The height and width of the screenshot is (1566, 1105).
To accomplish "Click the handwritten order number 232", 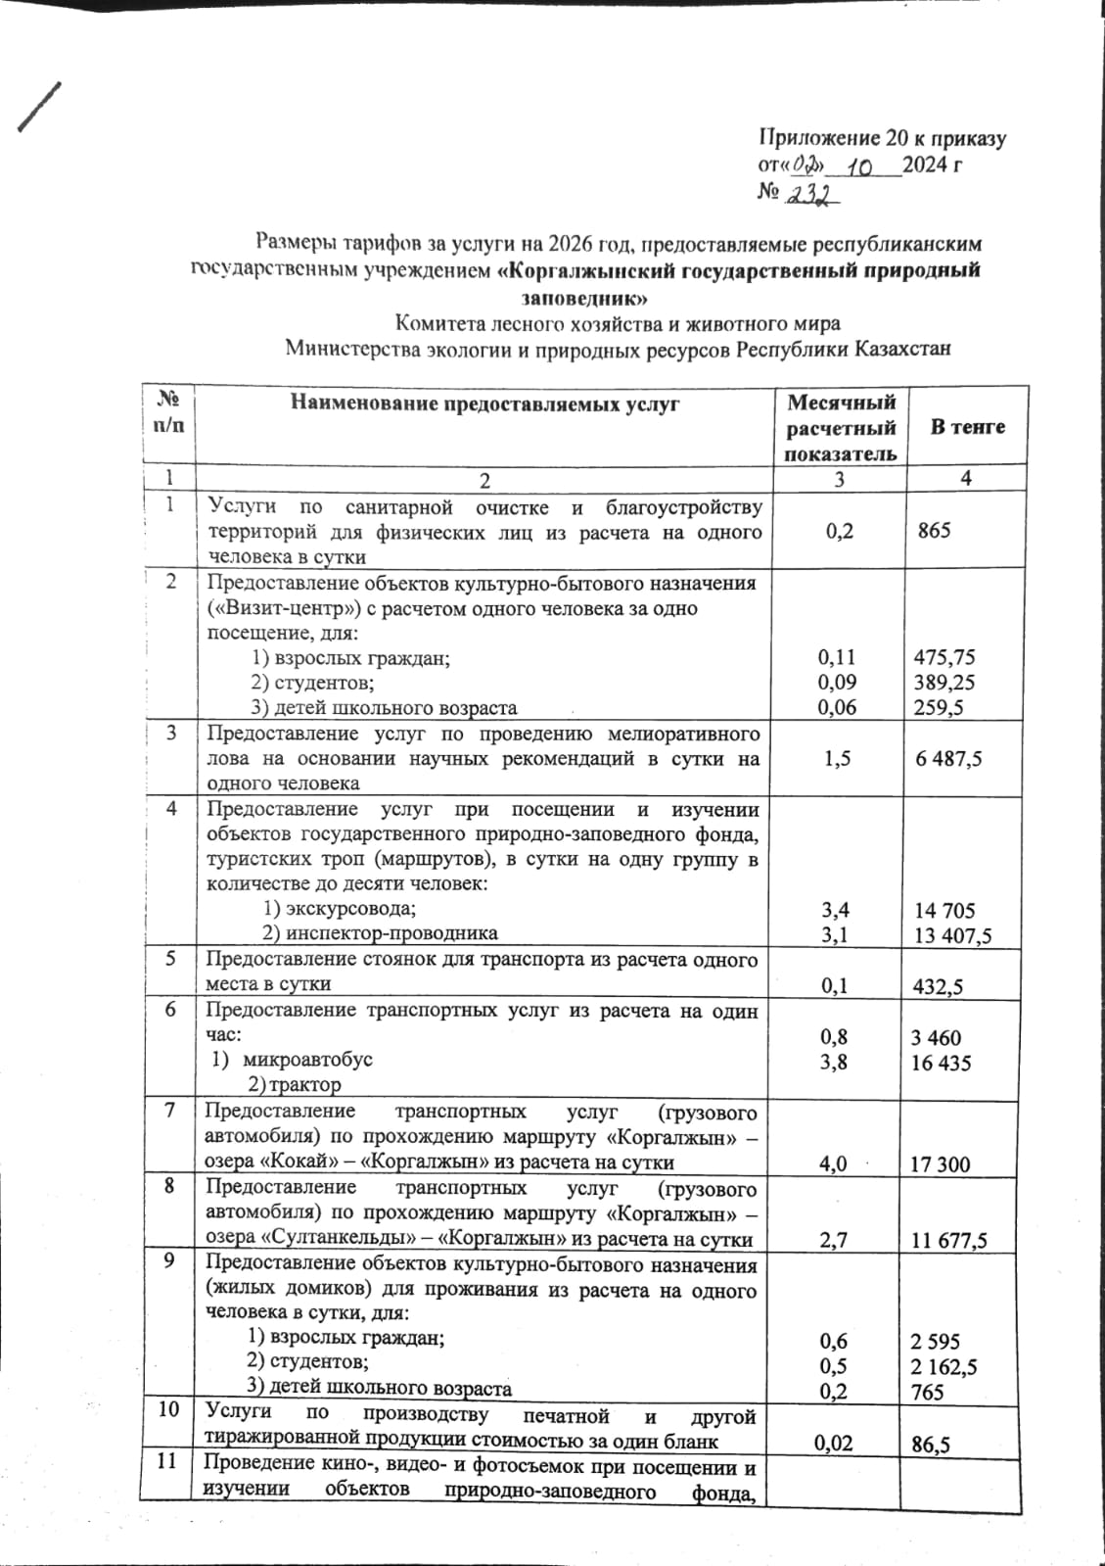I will click(x=813, y=196).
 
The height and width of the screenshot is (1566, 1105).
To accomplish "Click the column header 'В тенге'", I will click(x=967, y=427).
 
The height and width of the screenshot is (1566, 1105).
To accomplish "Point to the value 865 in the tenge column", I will click(x=935, y=532).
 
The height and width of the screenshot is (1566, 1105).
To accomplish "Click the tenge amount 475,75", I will click(x=944, y=657).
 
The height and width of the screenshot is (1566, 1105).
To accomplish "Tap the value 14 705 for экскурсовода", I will click(x=944, y=910).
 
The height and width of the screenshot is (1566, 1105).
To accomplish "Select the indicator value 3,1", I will click(x=835, y=935).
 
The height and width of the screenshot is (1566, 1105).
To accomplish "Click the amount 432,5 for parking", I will click(x=937, y=986).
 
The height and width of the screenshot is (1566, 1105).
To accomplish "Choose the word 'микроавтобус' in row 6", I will click(x=307, y=1059).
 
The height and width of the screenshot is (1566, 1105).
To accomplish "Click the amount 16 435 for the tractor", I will click(x=941, y=1063).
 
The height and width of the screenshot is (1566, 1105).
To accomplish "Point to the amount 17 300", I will click(x=940, y=1163).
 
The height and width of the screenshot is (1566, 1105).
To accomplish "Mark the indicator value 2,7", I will click(x=835, y=1240).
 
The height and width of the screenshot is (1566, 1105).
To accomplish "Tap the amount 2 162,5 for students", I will click(x=944, y=1366).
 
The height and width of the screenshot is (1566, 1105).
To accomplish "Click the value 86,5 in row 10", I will click(x=931, y=1443).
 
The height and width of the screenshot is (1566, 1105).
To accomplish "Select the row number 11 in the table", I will click(x=169, y=1462).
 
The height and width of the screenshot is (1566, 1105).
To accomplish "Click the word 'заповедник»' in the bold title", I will click(x=582, y=297).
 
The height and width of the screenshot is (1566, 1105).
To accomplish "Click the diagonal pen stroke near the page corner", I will click(x=39, y=106).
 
